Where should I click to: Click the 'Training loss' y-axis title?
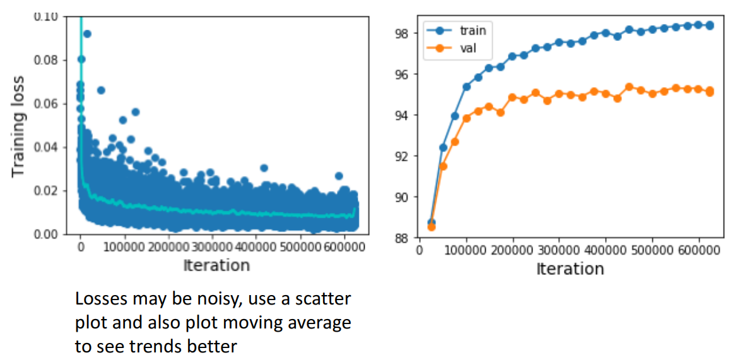tap(19, 126)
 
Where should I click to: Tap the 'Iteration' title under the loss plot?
tap(216, 265)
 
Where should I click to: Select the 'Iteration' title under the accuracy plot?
tap(570, 269)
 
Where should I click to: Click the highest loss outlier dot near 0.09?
tap(87, 33)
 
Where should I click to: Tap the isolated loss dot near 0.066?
tap(101, 90)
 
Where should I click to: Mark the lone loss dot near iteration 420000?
tap(264, 168)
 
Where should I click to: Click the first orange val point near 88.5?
tap(432, 227)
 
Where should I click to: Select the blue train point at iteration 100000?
tap(466, 86)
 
